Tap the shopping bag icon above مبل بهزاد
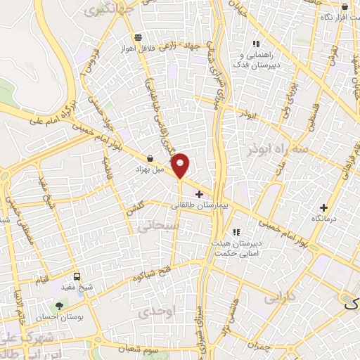click(x=150, y=159)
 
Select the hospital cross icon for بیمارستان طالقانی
click(x=200, y=195)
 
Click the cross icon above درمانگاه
click(x=323, y=207)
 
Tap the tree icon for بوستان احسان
click(x=59, y=307)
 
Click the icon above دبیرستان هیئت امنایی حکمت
click(x=236, y=232)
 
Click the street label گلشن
click(x=135, y=207)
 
